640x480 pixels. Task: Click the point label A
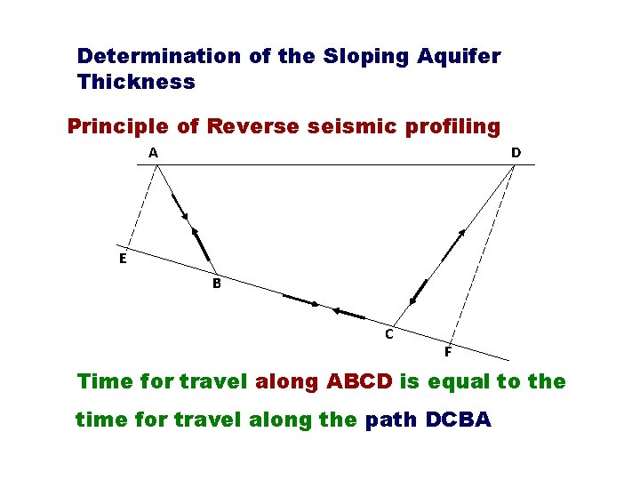coord(154,153)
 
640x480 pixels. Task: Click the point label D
coord(516,153)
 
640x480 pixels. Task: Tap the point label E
coord(123,259)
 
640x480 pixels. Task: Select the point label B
coord(216,284)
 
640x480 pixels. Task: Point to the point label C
coord(388,334)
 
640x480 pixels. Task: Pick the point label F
coord(448,351)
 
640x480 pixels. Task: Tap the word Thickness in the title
coord(136,82)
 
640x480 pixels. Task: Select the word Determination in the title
coord(158,56)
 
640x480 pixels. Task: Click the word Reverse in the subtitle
coord(253,126)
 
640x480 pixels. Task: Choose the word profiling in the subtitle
coord(454,126)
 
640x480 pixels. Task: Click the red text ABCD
coord(359,381)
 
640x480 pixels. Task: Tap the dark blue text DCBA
coord(458,420)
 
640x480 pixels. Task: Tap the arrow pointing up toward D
coord(453,244)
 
